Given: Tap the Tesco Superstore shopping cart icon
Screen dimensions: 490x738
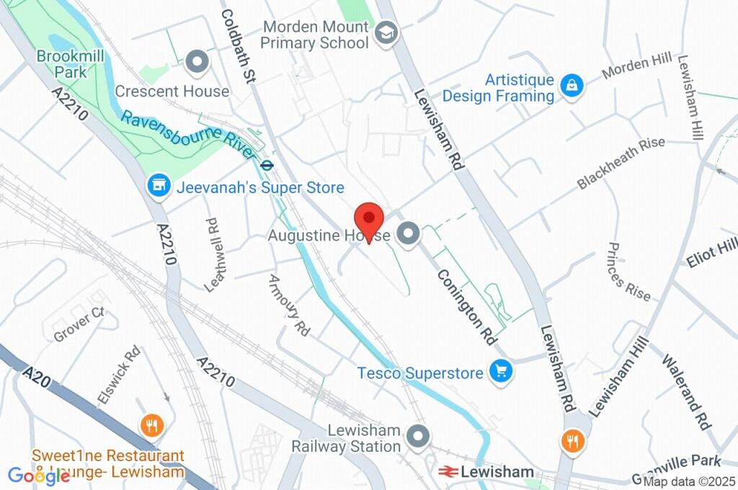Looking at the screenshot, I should (x=500, y=372).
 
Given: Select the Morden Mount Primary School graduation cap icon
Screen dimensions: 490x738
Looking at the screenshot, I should (x=386, y=32).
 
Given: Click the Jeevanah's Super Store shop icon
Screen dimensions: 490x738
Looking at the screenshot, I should (x=158, y=187).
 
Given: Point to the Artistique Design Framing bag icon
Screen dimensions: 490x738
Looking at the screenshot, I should (x=572, y=86).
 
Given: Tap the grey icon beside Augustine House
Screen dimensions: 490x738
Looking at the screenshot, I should (x=409, y=234).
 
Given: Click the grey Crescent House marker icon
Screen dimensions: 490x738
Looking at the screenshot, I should (x=196, y=63).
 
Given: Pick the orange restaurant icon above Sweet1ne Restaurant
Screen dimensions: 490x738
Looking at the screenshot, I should (x=151, y=425).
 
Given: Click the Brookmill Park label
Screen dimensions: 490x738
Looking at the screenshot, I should (x=62, y=64).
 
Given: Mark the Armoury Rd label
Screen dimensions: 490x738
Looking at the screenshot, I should (x=288, y=306).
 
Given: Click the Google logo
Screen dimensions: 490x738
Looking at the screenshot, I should (x=38, y=476).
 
